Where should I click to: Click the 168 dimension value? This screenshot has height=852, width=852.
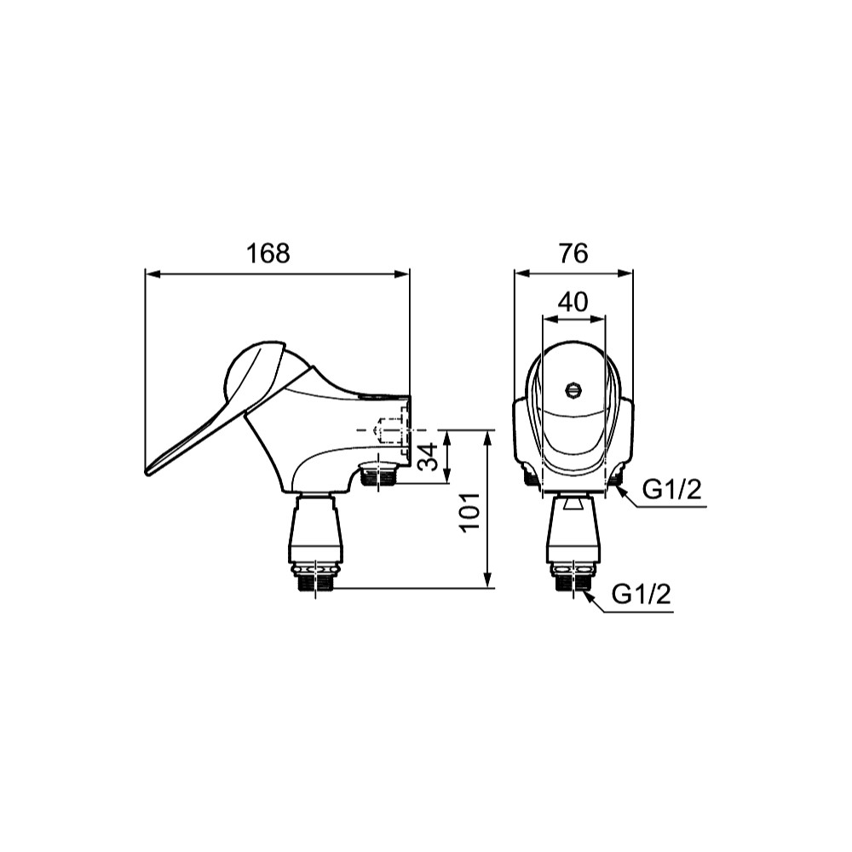[x=268, y=253]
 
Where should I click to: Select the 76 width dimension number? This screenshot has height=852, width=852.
[x=573, y=253]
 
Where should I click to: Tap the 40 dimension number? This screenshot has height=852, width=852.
[x=573, y=302]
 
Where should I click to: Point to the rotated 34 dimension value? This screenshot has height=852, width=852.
[x=429, y=457]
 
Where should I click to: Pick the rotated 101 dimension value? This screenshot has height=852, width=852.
[x=470, y=512]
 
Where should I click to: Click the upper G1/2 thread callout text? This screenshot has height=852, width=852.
[x=672, y=490]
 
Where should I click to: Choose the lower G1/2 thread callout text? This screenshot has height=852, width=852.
[x=642, y=595]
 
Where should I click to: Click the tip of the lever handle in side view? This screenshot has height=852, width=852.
[x=147, y=471]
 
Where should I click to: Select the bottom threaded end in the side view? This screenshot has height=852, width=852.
[x=316, y=583]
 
